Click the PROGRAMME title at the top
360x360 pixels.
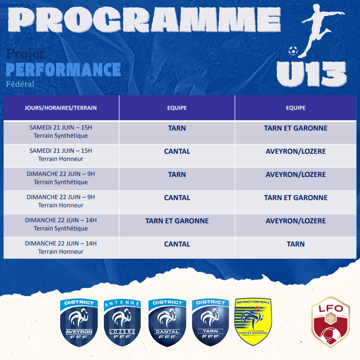tap(144, 20)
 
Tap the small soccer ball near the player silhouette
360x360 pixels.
tap(293, 51)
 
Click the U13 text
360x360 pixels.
tap(311, 74)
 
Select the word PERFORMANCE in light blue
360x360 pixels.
tap(63, 70)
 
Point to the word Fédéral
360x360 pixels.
tap(20, 84)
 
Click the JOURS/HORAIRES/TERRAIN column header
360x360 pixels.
tap(61, 108)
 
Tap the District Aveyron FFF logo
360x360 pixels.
tap(79, 323)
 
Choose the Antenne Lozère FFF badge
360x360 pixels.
tap(122, 323)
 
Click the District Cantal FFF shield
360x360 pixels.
tap(167, 323)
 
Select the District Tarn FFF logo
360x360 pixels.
tap(211, 322)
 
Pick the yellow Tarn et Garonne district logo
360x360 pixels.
tap(253, 322)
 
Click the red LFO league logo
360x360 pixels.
tap(331, 322)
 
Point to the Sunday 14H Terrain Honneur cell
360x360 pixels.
tap(61, 247)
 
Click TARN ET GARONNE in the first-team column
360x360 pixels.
tap(177, 221)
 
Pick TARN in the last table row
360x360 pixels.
tap(296, 244)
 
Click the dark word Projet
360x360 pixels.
tap(25, 54)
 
